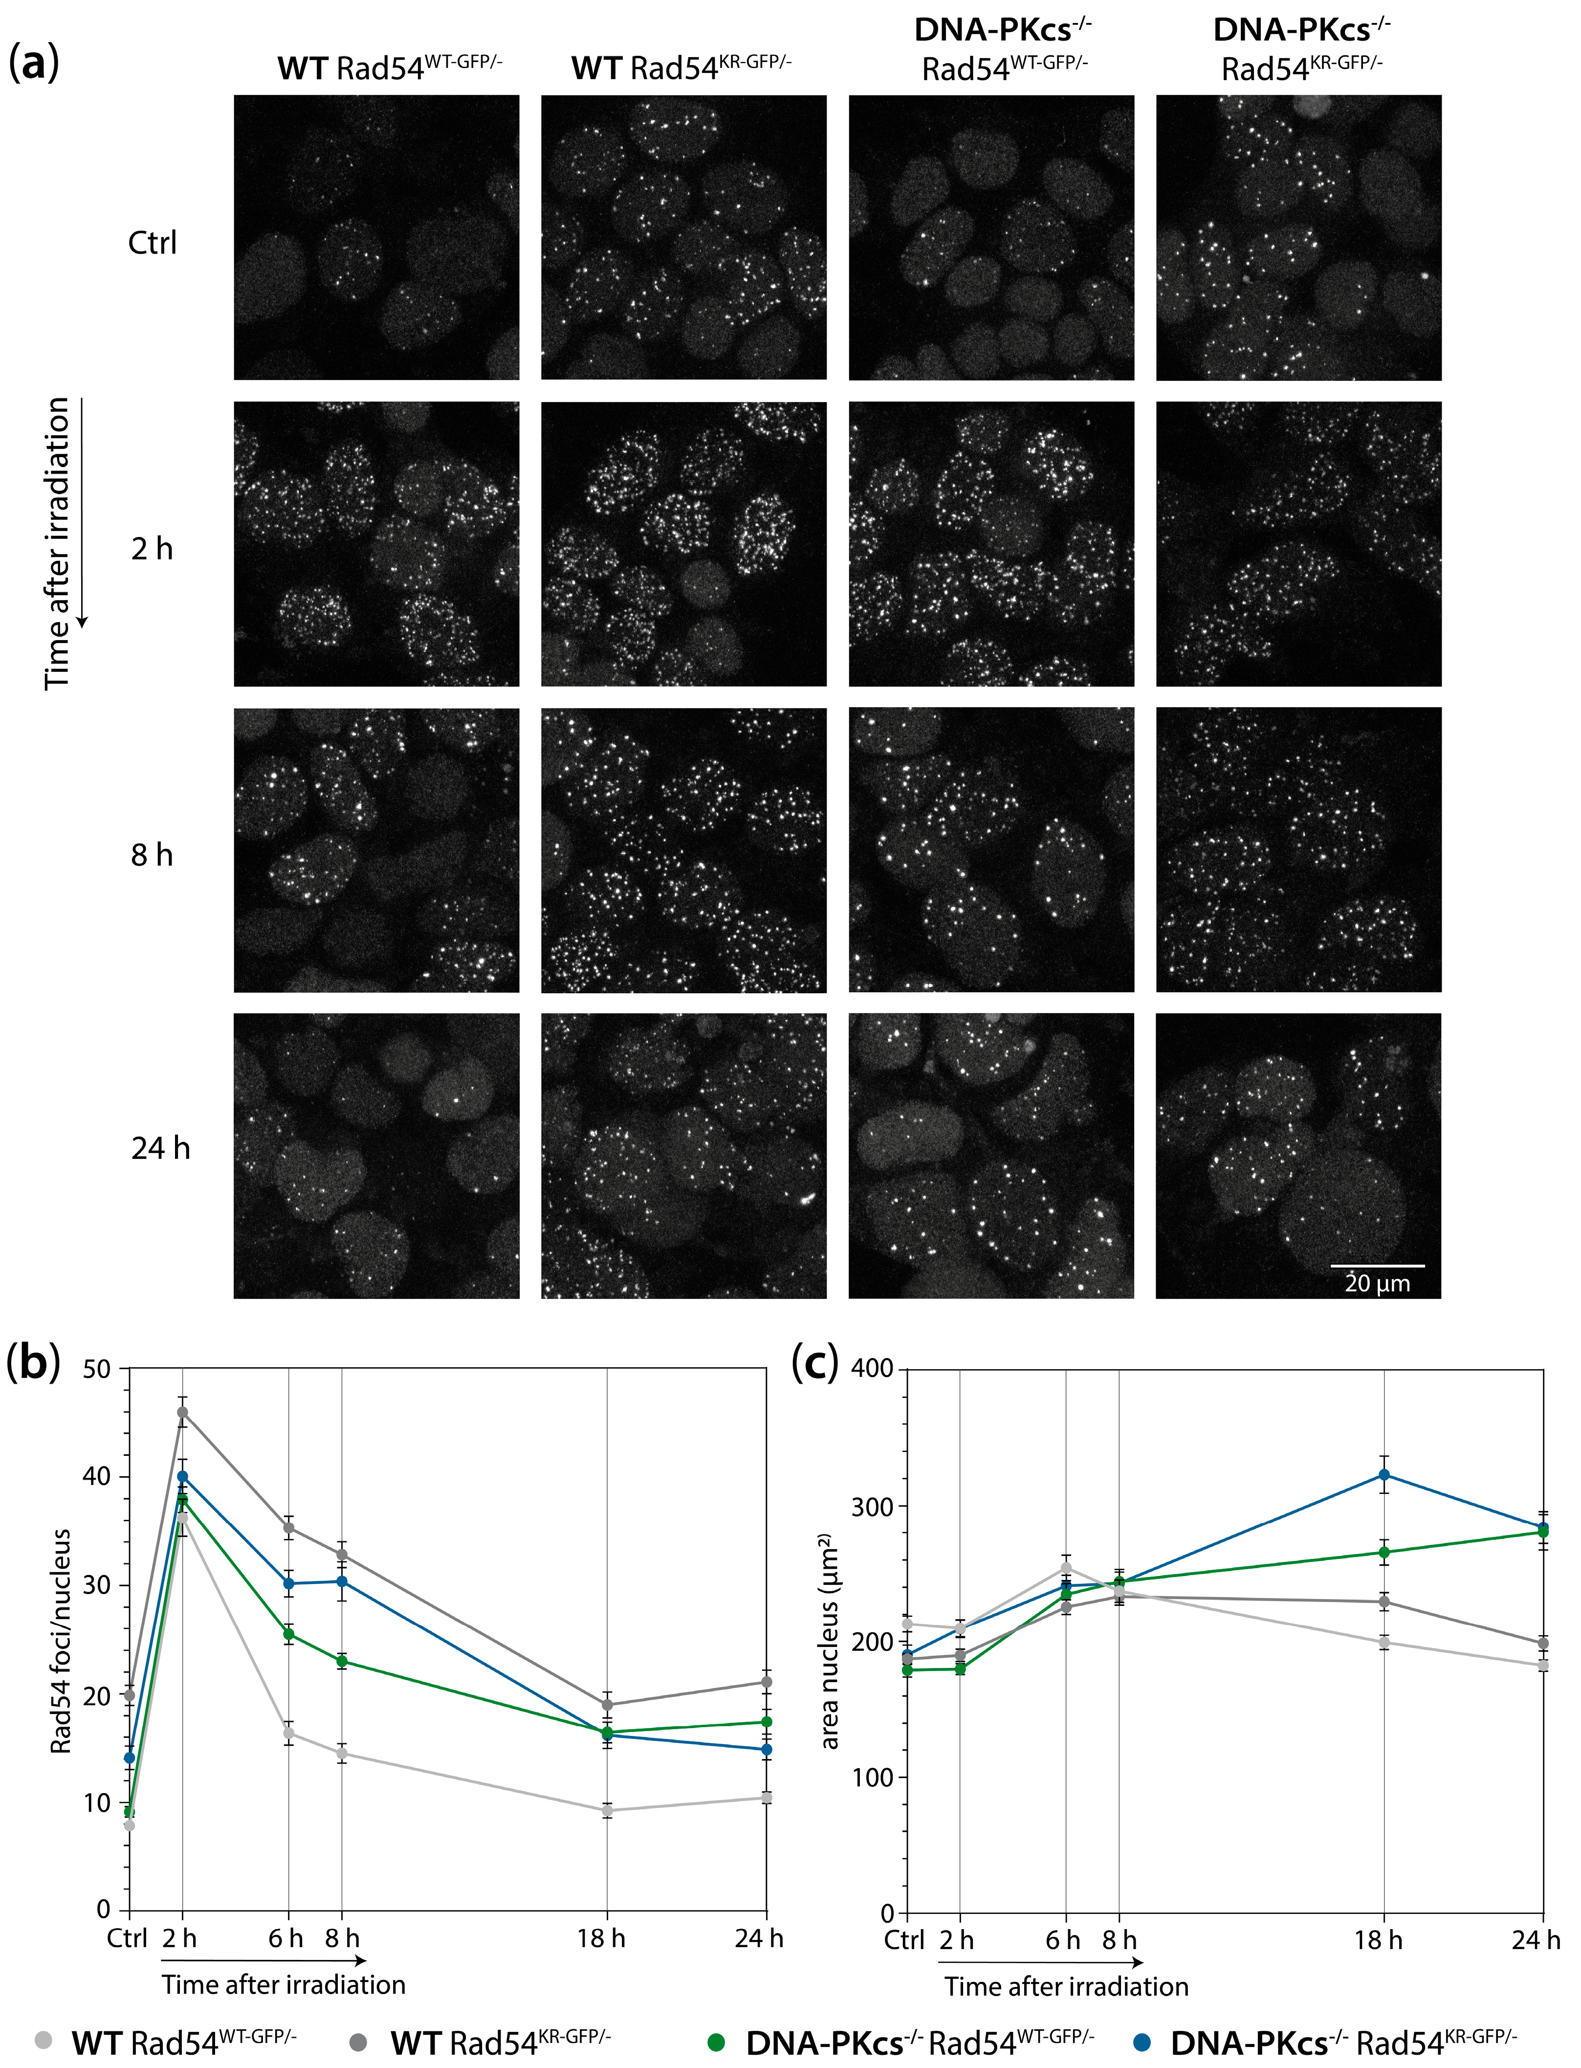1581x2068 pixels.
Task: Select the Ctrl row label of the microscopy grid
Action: coord(153,243)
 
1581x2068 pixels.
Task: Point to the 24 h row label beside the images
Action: coord(160,1148)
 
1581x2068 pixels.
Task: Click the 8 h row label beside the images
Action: coord(153,855)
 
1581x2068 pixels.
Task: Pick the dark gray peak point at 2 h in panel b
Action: coord(182,1412)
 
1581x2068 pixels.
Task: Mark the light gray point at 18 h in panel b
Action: coord(607,1810)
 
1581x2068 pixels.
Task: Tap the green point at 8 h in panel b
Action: coord(342,1661)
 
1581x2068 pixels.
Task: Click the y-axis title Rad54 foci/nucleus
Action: coord(61,1643)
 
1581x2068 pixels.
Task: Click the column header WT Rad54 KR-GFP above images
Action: coord(681,68)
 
